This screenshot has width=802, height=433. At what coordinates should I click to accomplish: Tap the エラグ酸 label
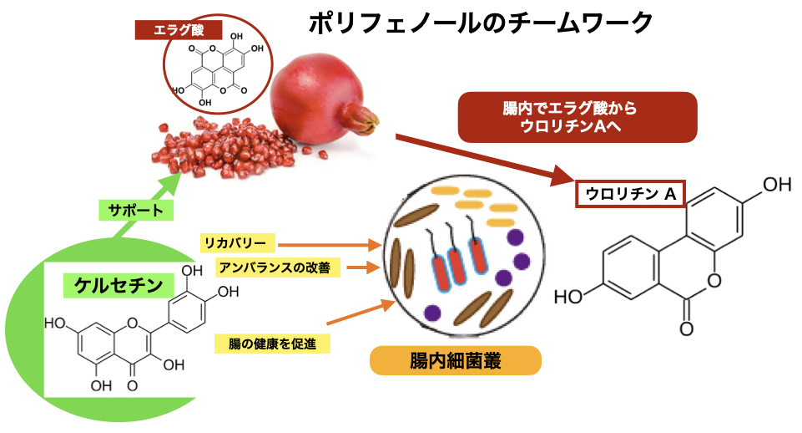point(176,31)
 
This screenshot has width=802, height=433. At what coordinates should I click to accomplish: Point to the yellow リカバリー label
point(236,243)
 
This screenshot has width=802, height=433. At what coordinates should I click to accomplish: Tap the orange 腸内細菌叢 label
point(455,361)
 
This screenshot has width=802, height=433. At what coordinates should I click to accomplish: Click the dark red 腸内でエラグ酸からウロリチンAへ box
point(576,117)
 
